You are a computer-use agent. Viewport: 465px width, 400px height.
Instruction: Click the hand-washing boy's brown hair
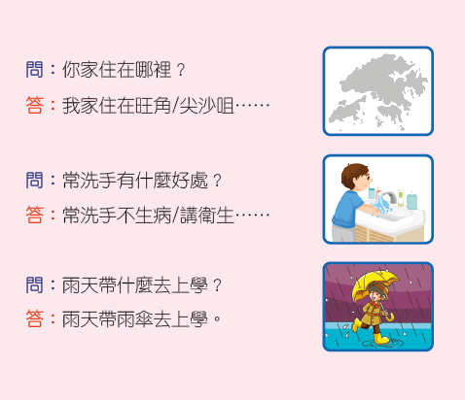click(x=353, y=175)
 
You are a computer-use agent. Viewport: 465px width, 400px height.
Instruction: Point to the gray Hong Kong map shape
click(x=378, y=91)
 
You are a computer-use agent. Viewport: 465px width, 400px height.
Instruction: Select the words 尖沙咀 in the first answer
click(x=206, y=106)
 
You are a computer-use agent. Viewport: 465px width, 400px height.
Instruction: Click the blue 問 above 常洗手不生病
click(x=34, y=180)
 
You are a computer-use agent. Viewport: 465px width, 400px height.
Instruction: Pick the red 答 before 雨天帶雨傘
click(x=34, y=318)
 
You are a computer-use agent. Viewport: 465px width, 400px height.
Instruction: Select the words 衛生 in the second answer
click(x=216, y=216)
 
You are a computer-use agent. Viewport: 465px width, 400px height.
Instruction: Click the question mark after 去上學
click(x=217, y=285)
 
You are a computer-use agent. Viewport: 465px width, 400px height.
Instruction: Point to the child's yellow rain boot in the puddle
click(x=380, y=339)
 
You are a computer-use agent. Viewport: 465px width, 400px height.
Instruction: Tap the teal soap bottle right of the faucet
click(x=411, y=200)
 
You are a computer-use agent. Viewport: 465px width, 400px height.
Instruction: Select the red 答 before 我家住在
click(x=34, y=105)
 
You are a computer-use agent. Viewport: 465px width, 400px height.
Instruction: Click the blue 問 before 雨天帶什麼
click(x=34, y=284)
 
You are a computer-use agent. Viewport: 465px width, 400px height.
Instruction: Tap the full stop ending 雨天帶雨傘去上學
click(x=217, y=318)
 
